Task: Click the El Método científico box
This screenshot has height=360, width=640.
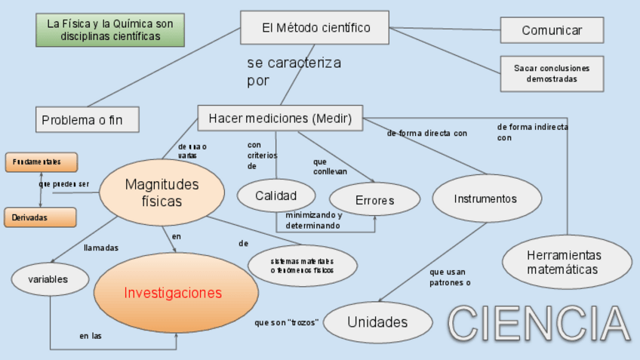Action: [x=315, y=28]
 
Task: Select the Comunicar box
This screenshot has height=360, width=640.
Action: [x=552, y=31]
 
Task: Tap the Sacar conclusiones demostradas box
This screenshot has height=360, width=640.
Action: [x=552, y=73]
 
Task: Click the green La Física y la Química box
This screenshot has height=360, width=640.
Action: [x=109, y=30]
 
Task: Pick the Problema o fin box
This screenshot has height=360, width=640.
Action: [x=88, y=119]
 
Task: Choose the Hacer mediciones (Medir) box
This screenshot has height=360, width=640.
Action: [x=280, y=118]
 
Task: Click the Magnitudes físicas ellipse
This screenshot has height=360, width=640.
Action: [x=162, y=192]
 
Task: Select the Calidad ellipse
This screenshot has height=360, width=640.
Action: [x=275, y=196]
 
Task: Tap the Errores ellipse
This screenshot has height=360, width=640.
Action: [x=374, y=200]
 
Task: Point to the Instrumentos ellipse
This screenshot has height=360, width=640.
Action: [x=486, y=198]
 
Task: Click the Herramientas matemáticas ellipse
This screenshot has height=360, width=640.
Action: [x=567, y=262]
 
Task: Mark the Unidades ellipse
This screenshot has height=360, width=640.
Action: [x=377, y=322]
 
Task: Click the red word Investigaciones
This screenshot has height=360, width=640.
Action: [x=173, y=293]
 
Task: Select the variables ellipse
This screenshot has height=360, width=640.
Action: [x=48, y=279]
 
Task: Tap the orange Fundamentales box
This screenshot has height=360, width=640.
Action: [x=41, y=162]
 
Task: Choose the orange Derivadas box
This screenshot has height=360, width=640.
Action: [x=41, y=217]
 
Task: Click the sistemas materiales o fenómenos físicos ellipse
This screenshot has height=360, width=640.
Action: [x=302, y=266]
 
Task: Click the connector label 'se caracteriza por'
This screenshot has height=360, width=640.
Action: [x=293, y=71]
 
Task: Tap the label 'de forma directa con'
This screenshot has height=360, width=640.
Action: [x=427, y=134]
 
